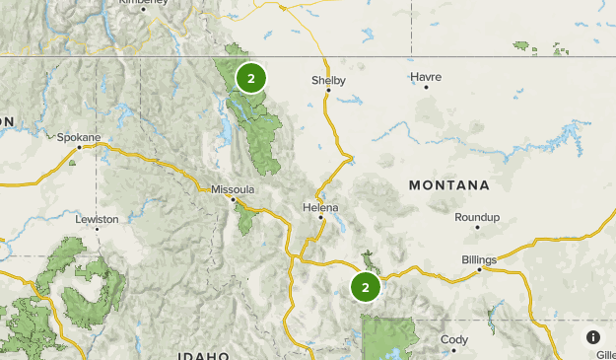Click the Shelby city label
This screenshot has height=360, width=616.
[x=328, y=81]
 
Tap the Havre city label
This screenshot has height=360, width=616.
[x=426, y=76]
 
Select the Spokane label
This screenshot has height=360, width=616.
[x=78, y=137]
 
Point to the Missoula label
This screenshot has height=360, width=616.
[x=233, y=188]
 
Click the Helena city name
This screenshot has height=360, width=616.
[x=320, y=207]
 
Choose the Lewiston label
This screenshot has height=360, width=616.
[x=97, y=219]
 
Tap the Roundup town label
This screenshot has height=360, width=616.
[x=477, y=217]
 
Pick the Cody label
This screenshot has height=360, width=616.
[x=454, y=339]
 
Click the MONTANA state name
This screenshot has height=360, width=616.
[x=449, y=185]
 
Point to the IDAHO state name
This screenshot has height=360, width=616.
[x=204, y=355]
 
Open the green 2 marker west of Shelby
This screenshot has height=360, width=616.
[x=251, y=77]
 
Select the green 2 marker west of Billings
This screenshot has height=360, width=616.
[x=366, y=287]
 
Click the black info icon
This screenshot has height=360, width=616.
[x=593, y=337]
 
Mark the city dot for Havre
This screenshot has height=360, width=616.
[x=427, y=87]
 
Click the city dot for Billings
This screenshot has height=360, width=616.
[x=479, y=269]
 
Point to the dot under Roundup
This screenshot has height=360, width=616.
[x=477, y=228]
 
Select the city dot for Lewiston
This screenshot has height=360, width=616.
[x=97, y=229]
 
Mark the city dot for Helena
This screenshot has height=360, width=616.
[x=320, y=218]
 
